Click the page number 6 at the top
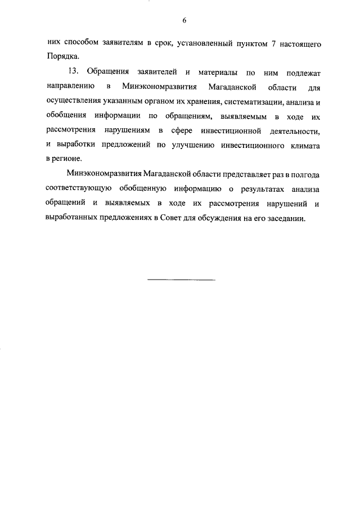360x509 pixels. click(184, 21)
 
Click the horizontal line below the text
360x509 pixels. click(181, 280)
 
